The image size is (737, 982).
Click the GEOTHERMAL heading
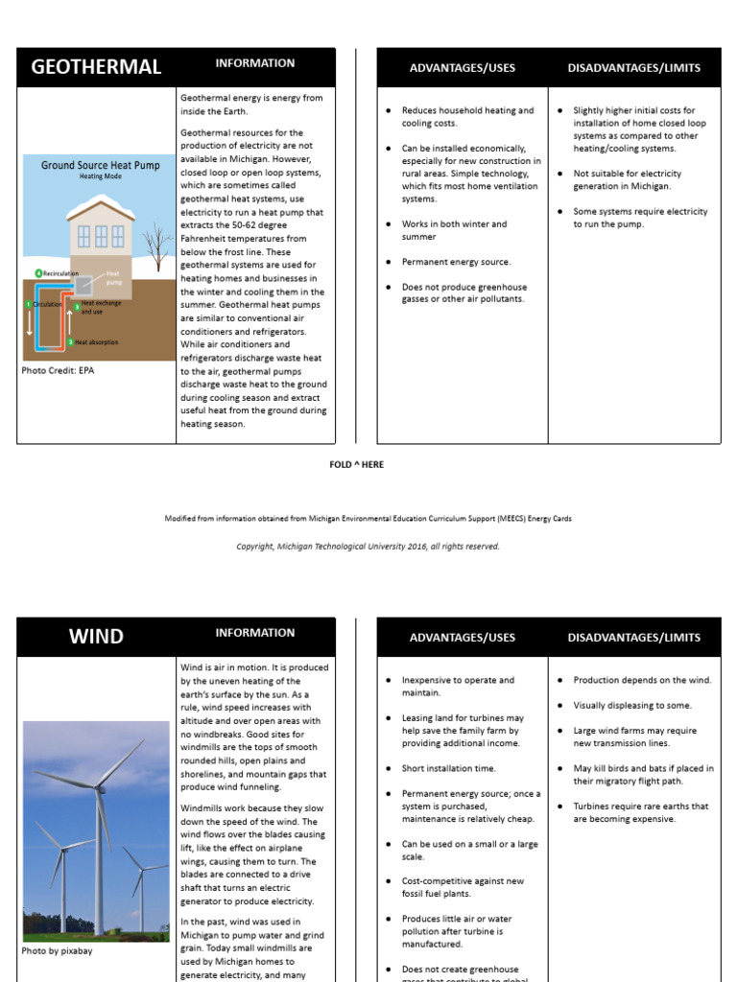tap(96, 67)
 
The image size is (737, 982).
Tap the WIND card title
tap(96, 636)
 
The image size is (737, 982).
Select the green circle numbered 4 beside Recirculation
tap(38, 273)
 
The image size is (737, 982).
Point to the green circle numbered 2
tap(70, 341)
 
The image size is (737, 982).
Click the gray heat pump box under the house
tap(84, 285)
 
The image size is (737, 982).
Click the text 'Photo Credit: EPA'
tap(58, 369)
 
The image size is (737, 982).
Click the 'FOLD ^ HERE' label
tap(356, 464)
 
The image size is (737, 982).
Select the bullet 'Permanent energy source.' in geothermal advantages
tap(456, 262)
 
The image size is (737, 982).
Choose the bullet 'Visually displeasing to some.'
tap(632, 705)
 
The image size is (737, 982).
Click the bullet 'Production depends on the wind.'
tap(642, 680)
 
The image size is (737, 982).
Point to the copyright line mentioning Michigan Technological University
tap(368, 547)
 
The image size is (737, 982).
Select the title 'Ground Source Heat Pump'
tap(101, 165)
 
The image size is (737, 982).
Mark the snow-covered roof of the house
tap(101, 205)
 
